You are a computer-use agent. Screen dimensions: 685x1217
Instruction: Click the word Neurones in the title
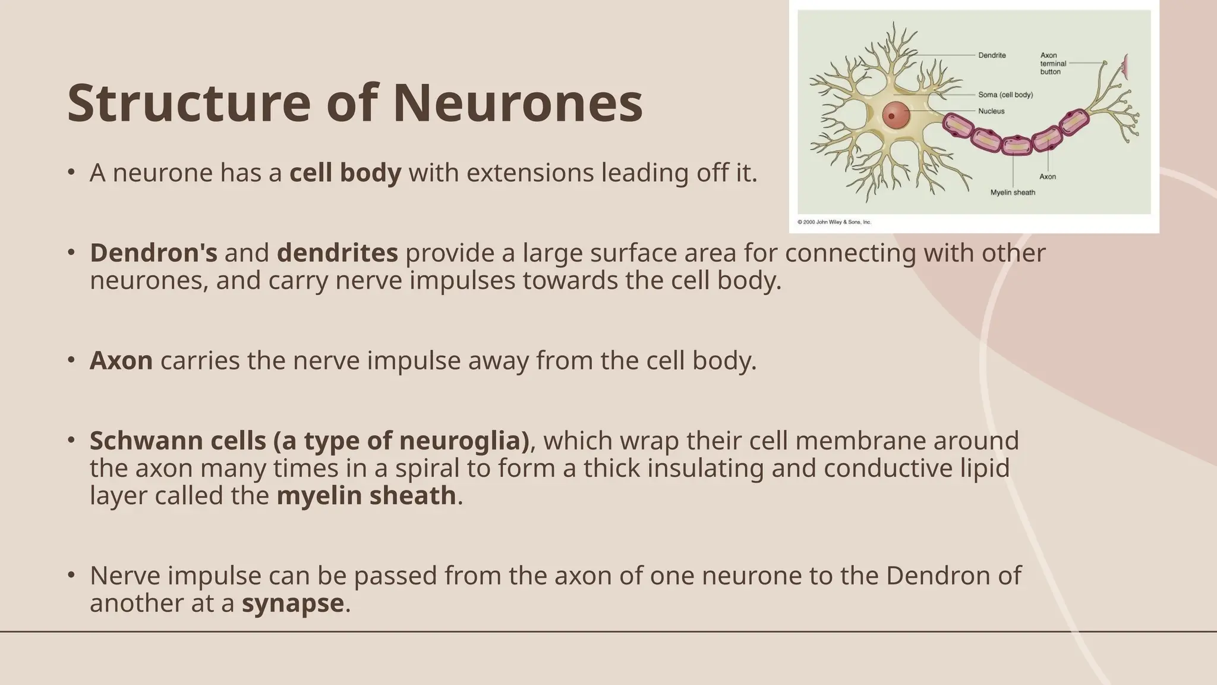pyautogui.click(x=518, y=103)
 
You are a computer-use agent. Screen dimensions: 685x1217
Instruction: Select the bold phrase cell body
pyautogui.click(x=345, y=173)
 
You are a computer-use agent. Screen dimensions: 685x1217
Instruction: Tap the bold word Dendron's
pyautogui.click(x=153, y=253)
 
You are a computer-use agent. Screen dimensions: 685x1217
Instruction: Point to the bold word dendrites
pyautogui.click(x=337, y=253)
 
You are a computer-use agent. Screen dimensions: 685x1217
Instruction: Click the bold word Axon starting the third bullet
pyautogui.click(x=121, y=361)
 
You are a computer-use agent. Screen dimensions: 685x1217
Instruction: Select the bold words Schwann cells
pyautogui.click(x=178, y=441)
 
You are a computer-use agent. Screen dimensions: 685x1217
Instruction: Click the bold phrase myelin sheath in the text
pyautogui.click(x=366, y=496)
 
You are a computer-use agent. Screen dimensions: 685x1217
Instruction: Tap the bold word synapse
pyautogui.click(x=292, y=603)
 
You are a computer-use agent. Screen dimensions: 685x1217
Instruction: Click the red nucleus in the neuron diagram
pyautogui.click(x=896, y=115)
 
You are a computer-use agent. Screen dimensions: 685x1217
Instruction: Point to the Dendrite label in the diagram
pyautogui.click(x=992, y=55)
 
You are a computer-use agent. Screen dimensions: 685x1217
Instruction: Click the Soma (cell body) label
pyautogui.click(x=1005, y=95)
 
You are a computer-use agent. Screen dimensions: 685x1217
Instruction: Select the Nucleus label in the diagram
pyautogui.click(x=991, y=111)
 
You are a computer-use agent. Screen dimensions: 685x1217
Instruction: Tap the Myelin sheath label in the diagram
pyautogui.click(x=1013, y=193)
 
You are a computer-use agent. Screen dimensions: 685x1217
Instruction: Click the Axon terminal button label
pyautogui.click(x=1053, y=64)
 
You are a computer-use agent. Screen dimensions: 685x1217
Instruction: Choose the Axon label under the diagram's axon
pyautogui.click(x=1048, y=177)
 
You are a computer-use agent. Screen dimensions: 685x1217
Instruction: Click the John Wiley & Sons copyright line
pyautogui.click(x=834, y=222)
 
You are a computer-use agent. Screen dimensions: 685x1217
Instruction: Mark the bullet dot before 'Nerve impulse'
pyautogui.click(x=71, y=575)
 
